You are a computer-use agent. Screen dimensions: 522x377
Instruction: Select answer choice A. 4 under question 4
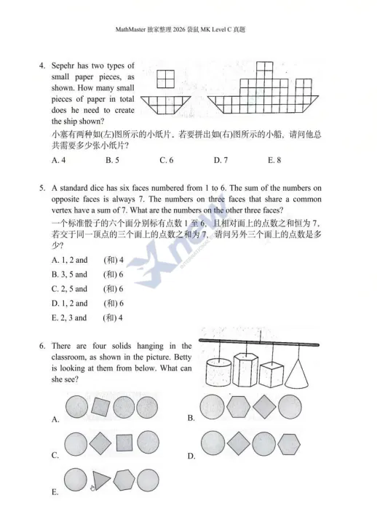[59, 159]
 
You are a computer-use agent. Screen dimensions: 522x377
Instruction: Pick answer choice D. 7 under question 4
[221, 159]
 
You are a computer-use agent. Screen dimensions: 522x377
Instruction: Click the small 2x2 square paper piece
[166, 78]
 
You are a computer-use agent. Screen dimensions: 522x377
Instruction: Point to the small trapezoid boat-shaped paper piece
[166, 104]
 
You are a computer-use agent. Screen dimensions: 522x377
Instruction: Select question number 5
[42, 189]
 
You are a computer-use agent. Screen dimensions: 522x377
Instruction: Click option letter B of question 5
[55, 274]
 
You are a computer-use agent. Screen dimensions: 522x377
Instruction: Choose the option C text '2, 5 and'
[74, 289]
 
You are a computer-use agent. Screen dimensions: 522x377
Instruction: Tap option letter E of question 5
[55, 317]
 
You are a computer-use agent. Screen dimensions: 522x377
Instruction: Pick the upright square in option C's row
[125, 443]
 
